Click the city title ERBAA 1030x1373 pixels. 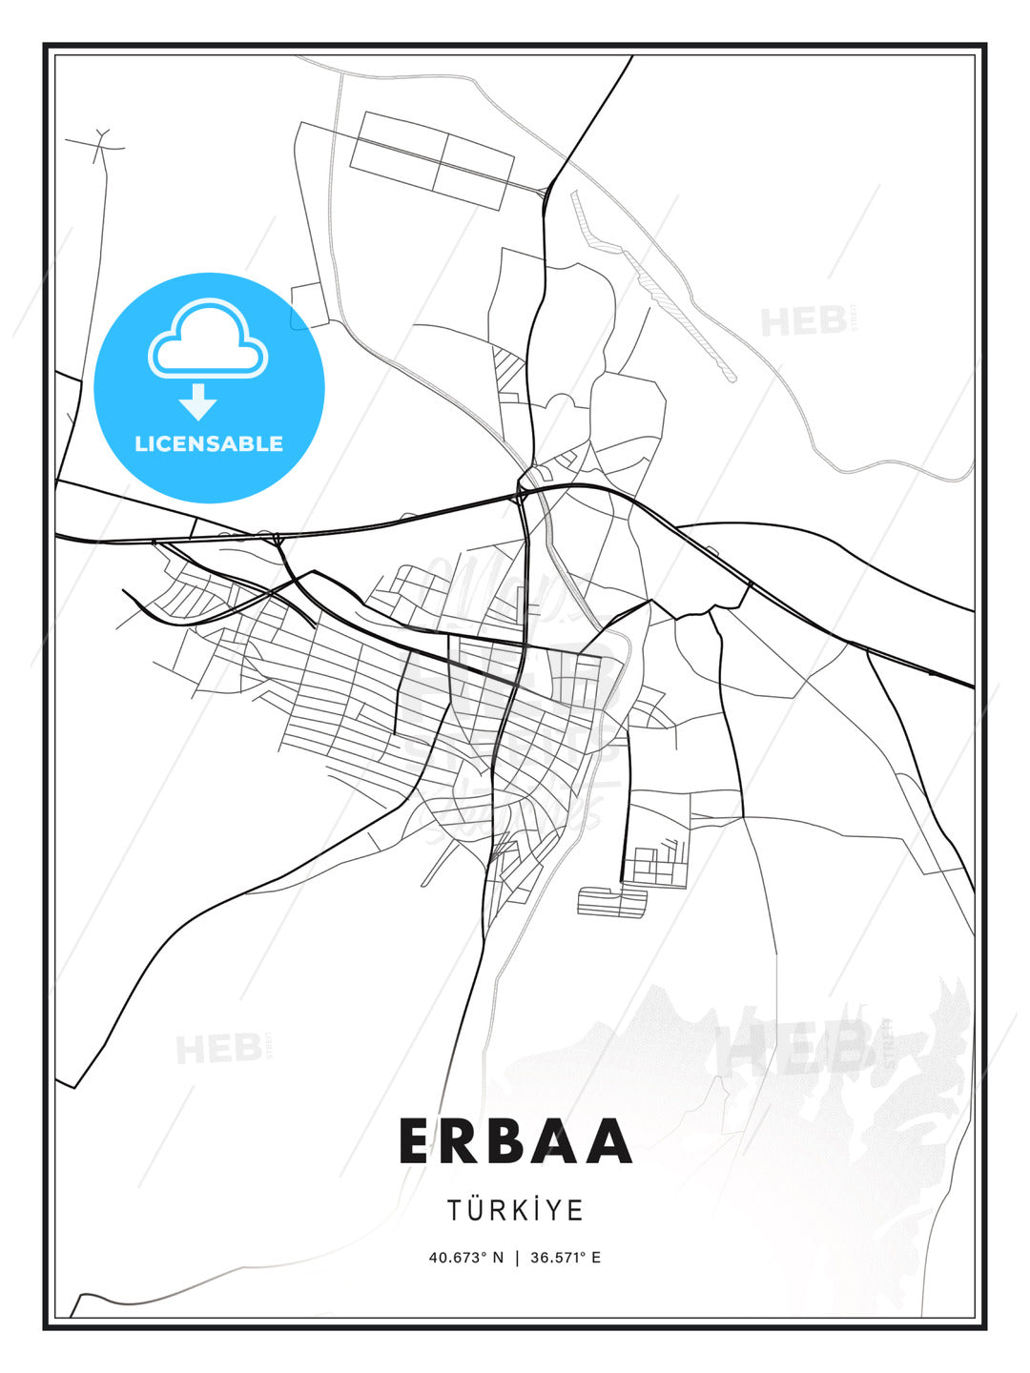tap(515, 1141)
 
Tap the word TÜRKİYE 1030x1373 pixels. tap(515, 1210)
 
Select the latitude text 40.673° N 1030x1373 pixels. tap(465, 1257)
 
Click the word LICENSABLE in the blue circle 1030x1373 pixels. tap(209, 443)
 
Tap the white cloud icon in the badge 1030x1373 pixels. tap(208, 338)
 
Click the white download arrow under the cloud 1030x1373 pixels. tap(198, 400)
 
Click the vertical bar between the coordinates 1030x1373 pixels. tap(516, 1257)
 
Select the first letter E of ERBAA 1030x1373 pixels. tap(415, 1141)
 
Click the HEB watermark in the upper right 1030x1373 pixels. tap(804, 321)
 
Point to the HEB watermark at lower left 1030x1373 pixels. tap(218, 1050)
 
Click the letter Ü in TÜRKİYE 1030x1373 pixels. tap(474, 1209)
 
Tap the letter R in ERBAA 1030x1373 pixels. tap(462, 1141)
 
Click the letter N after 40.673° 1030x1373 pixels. tap(497, 1257)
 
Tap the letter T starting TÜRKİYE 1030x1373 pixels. tap(454, 1210)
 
